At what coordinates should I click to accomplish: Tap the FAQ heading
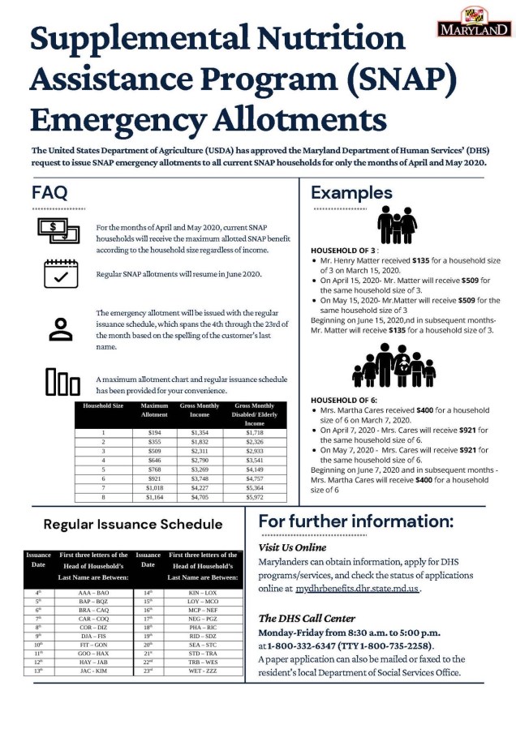(x=49, y=193)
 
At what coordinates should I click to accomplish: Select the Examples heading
(x=351, y=193)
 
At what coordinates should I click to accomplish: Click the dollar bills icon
(x=59, y=232)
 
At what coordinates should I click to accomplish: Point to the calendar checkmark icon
(x=59, y=273)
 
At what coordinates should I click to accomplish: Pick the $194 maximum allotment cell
(x=154, y=433)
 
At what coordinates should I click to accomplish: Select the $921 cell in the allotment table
(x=154, y=478)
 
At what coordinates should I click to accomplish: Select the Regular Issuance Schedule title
(x=132, y=524)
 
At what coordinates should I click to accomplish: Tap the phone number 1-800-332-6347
(x=305, y=645)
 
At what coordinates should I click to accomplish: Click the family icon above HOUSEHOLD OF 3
(x=398, y=224)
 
